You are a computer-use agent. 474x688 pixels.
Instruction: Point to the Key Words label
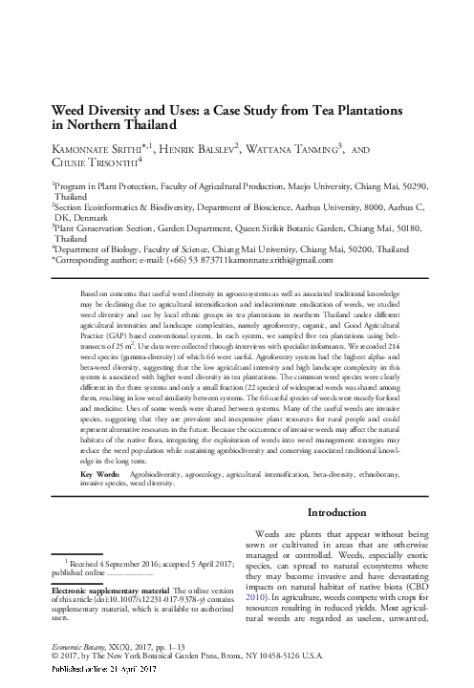coord(100,447)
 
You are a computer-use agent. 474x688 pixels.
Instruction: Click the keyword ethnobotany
coord(398,447)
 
